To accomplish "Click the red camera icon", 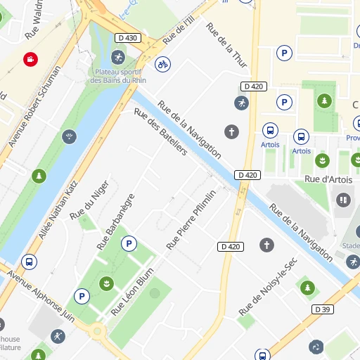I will click(30, 60).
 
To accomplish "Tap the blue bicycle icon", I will click(162, 65).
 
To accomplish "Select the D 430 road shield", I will click(127, 37).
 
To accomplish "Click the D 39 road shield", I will click(323, 309).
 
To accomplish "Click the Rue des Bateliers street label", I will click(160, 132).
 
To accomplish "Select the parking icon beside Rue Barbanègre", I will click(129, 244).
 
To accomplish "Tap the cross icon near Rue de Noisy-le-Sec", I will click(266, 245).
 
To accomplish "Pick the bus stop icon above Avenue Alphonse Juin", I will click(29, 262).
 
